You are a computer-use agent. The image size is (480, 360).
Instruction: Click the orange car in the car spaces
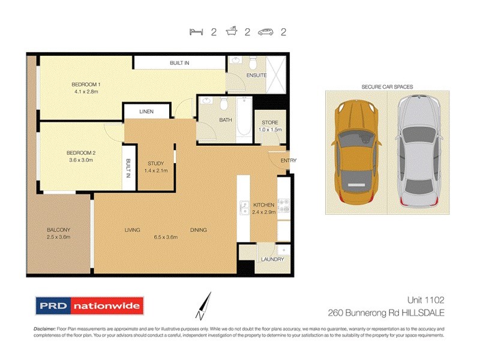(356, 152)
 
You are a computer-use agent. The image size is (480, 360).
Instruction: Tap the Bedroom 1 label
(86, 84)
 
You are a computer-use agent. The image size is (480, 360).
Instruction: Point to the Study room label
(155, 163)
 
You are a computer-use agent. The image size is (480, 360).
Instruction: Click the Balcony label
(59, 230)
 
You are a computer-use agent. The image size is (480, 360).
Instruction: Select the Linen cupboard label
(146, 112)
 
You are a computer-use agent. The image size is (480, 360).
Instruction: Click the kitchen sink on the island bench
(244, 208)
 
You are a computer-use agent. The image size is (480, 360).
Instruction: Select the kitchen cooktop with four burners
(284, 206)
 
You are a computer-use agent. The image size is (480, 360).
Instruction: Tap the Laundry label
(271, 259)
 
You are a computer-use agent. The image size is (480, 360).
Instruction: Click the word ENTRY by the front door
(288, 160)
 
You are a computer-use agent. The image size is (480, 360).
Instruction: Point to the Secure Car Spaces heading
(387, 87)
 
